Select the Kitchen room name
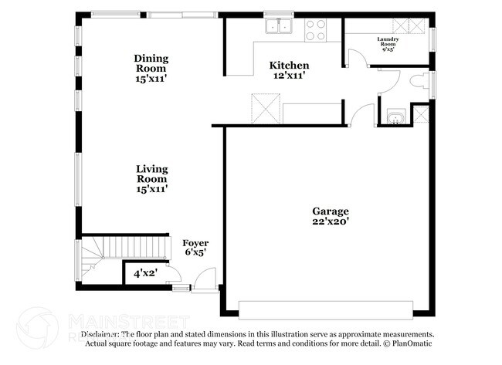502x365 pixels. (x=289, y=66)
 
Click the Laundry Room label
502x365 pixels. (x=388, y=39)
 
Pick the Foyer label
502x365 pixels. (x=195, y=243)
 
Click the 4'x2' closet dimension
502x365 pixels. (x=146, y=273)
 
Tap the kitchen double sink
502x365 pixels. (x=280, y=28)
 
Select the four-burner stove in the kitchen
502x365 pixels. (x=315, y=30)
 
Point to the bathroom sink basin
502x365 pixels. (x=396, y=118)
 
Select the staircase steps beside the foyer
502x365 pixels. (x=111, y=248)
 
